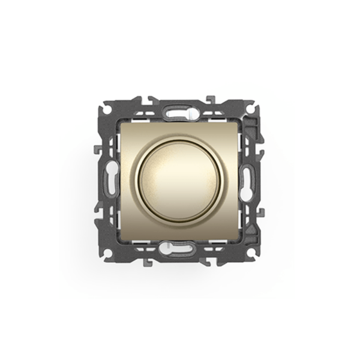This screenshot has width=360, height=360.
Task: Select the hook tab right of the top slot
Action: pos(210,98)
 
